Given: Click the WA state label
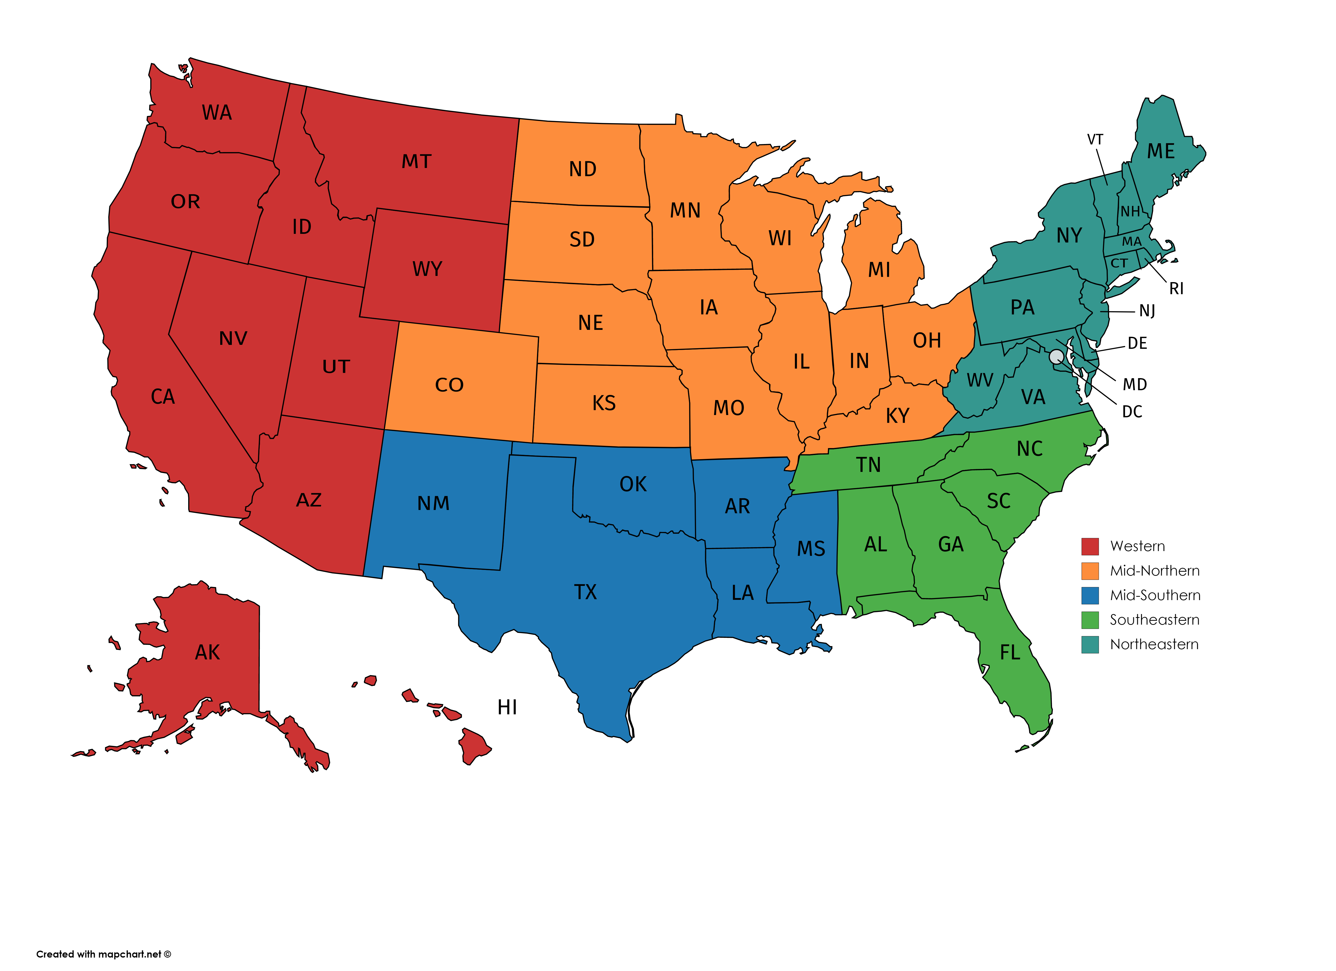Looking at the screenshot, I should pyautogui.click(x=217, y=113).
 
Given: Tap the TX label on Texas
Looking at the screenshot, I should pyautogui.click(x=586, y=592).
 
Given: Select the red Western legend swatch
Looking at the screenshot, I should pyautogui.click(x=1090, y=546).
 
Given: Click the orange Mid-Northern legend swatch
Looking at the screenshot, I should pyautogui.click(x=1090, y=571).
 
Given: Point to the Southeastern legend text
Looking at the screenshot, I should pyautogui.click(x=1155, y=620).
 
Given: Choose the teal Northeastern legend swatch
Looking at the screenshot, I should pyautogui.click(x=1090, y=645).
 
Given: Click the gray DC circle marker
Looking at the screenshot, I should pyautogui.click(x=1056, y=356).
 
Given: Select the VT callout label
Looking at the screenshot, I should pyautogui.click(x=1095, y=140).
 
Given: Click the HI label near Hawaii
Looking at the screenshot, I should pyautogui.click(x=507, y=707).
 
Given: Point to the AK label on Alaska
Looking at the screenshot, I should pyautogui.click(x=207, y=652).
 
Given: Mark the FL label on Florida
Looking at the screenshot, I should pyautogui.click(x=1010, y=652).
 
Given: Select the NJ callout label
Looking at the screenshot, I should pyautogui.click(x=1147, y=311).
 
